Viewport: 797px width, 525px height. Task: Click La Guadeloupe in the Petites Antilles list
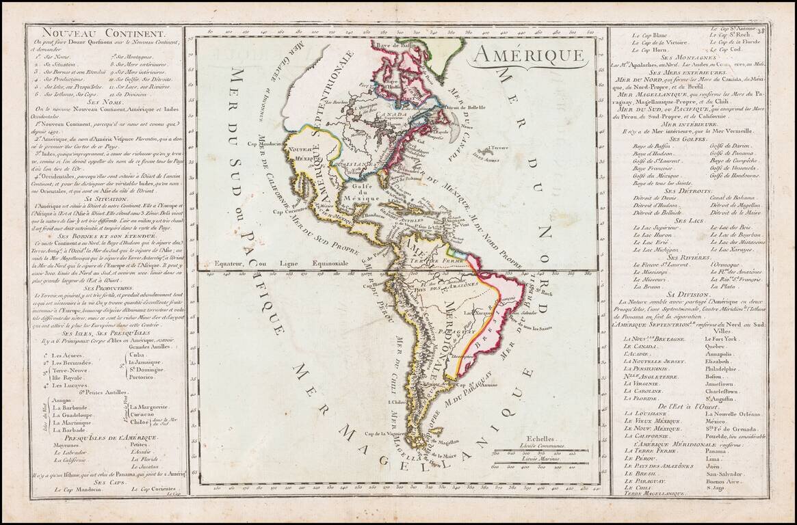coord(73,415)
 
